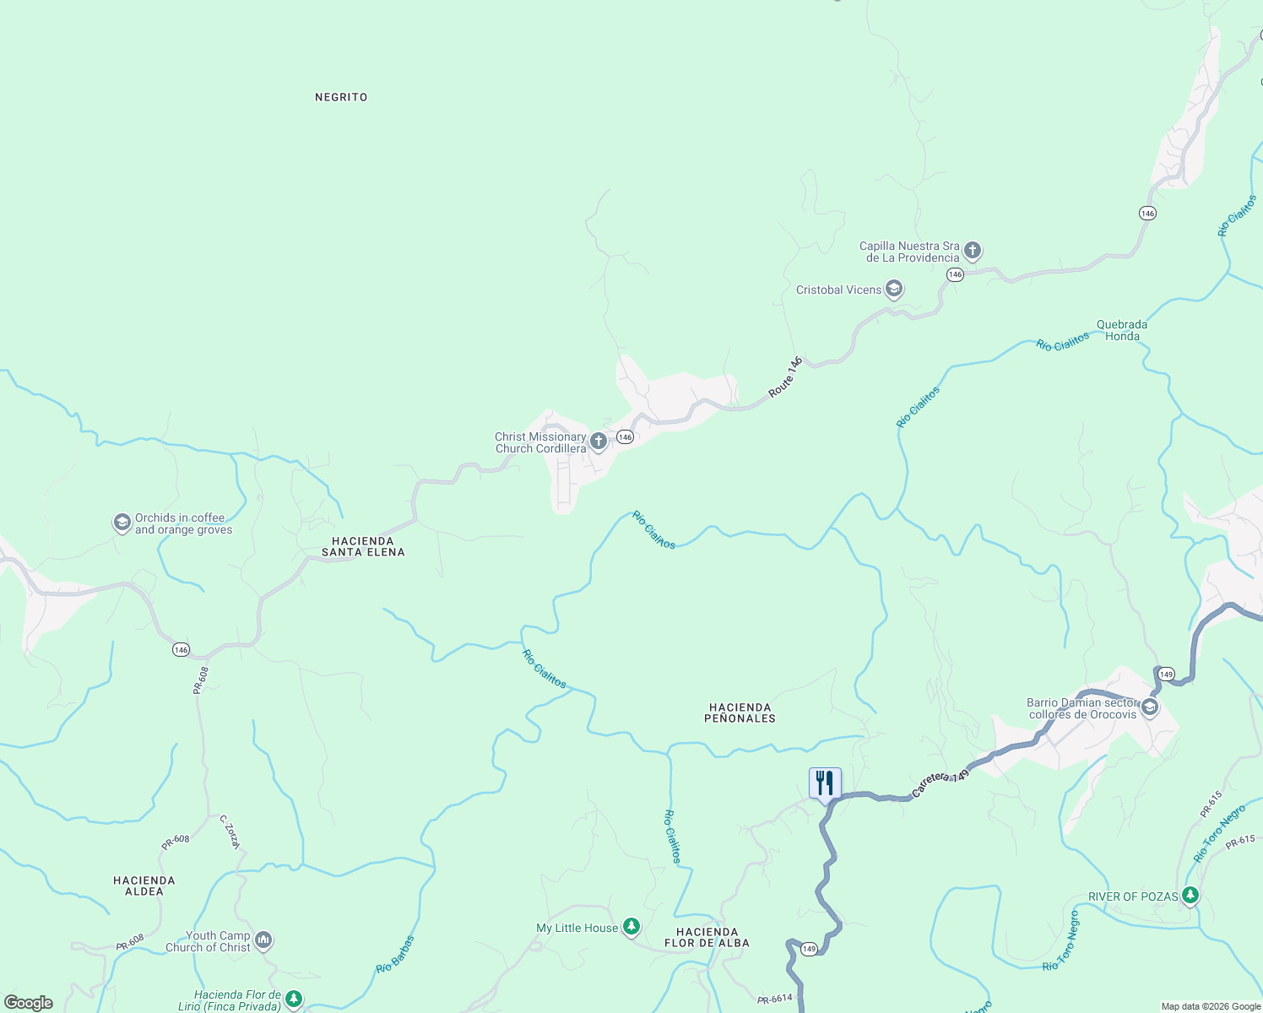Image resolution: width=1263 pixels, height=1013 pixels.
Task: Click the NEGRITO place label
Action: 341,97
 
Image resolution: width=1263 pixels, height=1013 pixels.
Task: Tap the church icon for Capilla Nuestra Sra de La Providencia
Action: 973,250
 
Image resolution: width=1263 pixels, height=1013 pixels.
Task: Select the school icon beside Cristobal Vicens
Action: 894,290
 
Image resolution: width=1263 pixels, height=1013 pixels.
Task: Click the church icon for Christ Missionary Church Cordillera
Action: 599,441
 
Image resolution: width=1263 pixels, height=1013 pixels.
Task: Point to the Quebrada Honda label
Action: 1122,330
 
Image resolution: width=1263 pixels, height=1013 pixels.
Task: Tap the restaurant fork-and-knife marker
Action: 825,783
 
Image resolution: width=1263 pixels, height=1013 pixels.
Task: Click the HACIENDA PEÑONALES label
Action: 740,712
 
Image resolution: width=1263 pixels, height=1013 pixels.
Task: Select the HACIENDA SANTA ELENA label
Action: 363,546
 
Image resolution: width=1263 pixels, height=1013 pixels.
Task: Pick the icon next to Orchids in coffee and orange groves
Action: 122,523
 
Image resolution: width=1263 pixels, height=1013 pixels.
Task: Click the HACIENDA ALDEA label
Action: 144,886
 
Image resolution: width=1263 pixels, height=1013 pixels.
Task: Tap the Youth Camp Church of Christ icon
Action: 263,940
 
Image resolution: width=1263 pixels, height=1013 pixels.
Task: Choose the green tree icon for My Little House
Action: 631,927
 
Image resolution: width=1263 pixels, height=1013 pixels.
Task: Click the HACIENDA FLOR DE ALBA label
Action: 707,937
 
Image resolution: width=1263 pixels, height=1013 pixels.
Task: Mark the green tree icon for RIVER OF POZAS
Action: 1190,895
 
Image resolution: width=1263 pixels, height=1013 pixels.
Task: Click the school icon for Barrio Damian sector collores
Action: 1149,707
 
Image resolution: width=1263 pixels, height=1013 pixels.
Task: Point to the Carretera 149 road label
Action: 940,784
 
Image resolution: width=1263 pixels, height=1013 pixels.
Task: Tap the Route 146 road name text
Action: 785,377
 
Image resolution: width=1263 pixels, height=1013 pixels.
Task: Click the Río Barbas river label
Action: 396,954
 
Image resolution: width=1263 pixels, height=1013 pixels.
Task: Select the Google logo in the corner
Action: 29,1002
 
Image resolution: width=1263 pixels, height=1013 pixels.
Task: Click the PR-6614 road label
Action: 775,999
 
